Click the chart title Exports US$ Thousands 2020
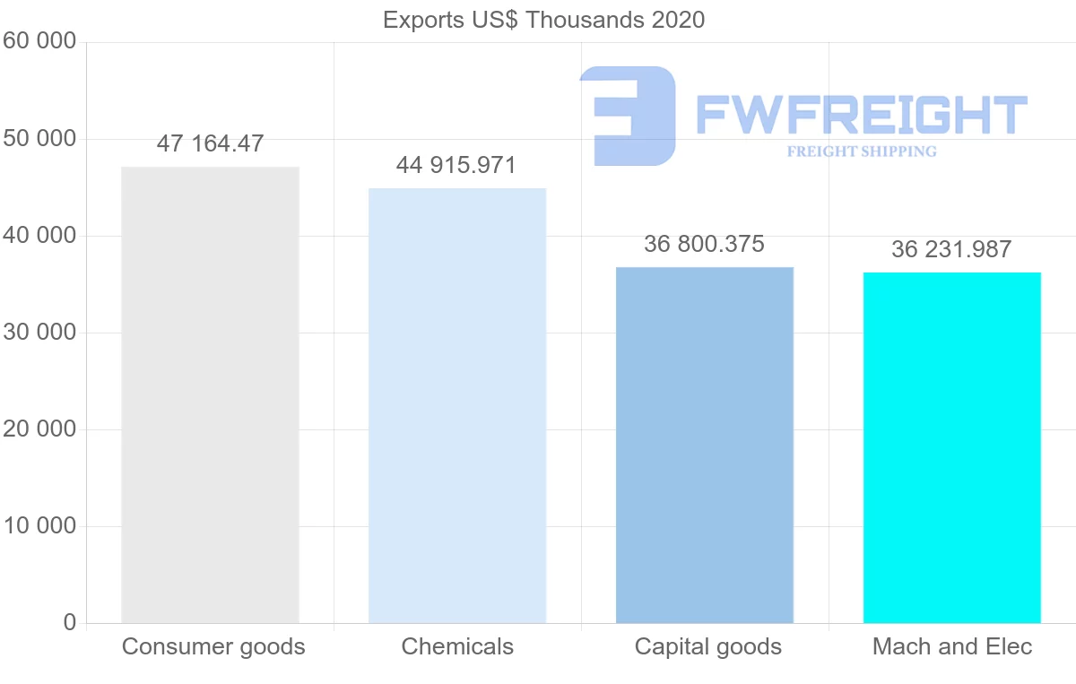[543, 20]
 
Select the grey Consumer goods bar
[210, 394]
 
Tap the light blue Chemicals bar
[457, 405]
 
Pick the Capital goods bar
[705, 445]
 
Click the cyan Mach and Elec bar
[952, 447]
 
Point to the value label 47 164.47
[210, 143]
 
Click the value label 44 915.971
[456, 165]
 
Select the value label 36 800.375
[704, 244]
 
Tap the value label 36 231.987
[951, 249]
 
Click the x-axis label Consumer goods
[213, 646]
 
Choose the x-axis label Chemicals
[457, 646]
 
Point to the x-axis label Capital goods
[708, 646]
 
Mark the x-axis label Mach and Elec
[952, 646]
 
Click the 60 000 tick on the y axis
[39, 41]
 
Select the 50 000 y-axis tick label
[39, 139]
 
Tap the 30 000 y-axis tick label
[39, 333]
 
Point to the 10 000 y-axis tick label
[39, 526]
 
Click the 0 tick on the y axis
[69, 622]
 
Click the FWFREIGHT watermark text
[862, 116]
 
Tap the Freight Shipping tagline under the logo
[862, 152]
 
